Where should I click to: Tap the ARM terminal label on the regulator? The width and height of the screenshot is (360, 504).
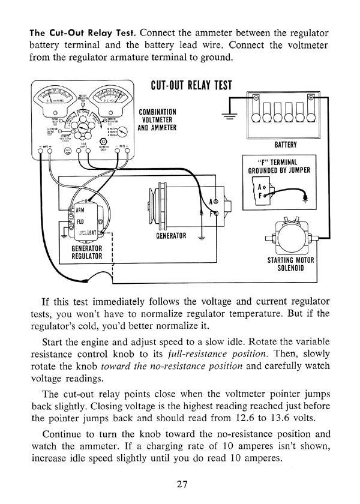pos(80,211)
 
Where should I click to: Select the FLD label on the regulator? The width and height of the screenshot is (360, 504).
pos(80,221)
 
